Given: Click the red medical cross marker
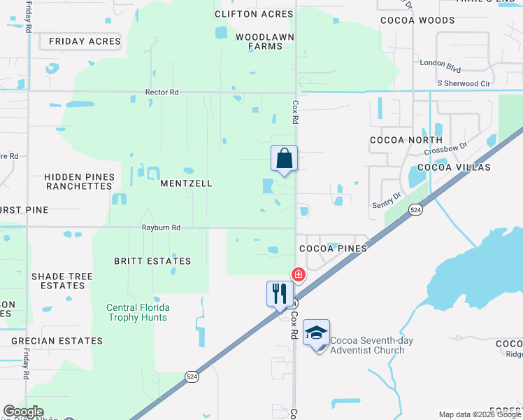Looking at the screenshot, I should [x=299, y=274].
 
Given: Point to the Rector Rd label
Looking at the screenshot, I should [x=162, y=92].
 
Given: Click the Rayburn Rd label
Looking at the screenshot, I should [x=161, y=227].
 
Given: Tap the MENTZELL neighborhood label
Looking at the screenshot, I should [x=186, y=183].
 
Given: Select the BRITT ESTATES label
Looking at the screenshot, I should [x=152, y=261].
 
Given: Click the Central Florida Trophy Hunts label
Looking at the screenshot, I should [x=137, y=312].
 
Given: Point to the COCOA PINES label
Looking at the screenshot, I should [x=333, y=248].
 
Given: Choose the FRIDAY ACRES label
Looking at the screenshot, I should [x=85, y=42].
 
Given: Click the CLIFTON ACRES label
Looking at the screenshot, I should [x=254, y=14].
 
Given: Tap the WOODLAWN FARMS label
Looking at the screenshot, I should [x=259, y=41].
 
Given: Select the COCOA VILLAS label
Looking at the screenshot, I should [x=454, y=168].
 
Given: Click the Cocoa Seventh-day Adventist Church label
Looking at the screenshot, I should [x=372, y=345].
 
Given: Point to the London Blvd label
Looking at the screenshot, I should [x=440, y=62].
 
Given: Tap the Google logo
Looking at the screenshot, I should [x=23, y=412].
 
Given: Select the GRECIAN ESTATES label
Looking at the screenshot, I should [x=57, y=341].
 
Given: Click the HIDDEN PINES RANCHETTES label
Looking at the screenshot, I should [x=78, y=182].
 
